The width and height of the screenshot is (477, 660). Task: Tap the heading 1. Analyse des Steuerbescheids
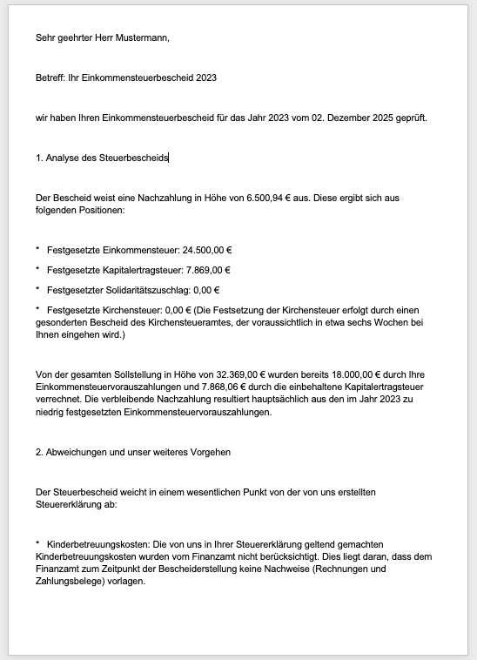[102, 158]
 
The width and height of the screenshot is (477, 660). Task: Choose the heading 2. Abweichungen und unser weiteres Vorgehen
[132, 452]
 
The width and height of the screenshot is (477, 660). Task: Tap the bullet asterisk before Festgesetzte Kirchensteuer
[37, 309]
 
